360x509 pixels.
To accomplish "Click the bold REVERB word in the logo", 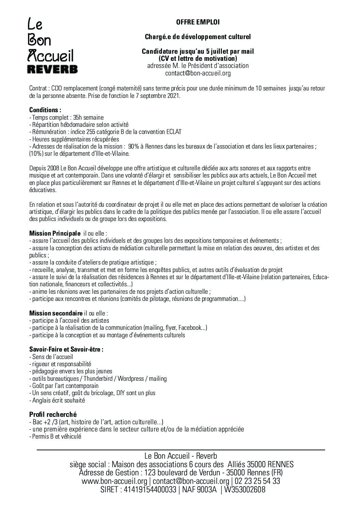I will click(x=52, y=69).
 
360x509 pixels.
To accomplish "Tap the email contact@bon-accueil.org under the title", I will click(x=198, y=73).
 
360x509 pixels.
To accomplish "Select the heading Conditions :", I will click(x=45, y=110).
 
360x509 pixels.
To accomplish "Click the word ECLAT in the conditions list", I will click(x=174, y=132).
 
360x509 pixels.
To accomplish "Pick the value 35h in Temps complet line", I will click(x=79, y=117).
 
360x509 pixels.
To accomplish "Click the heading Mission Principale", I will click(x=55, y=233).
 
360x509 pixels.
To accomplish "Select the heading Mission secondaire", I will click(x=56, y=313).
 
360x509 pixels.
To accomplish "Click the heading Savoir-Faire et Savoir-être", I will click(x=66, y=349).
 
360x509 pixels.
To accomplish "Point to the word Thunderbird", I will click(x=98, y=378).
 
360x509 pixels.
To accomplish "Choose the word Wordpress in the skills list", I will click(x=130, y=378).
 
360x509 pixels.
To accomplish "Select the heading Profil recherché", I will click(x=53, y=414).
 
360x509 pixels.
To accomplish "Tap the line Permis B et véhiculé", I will click(x=55, y=436).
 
